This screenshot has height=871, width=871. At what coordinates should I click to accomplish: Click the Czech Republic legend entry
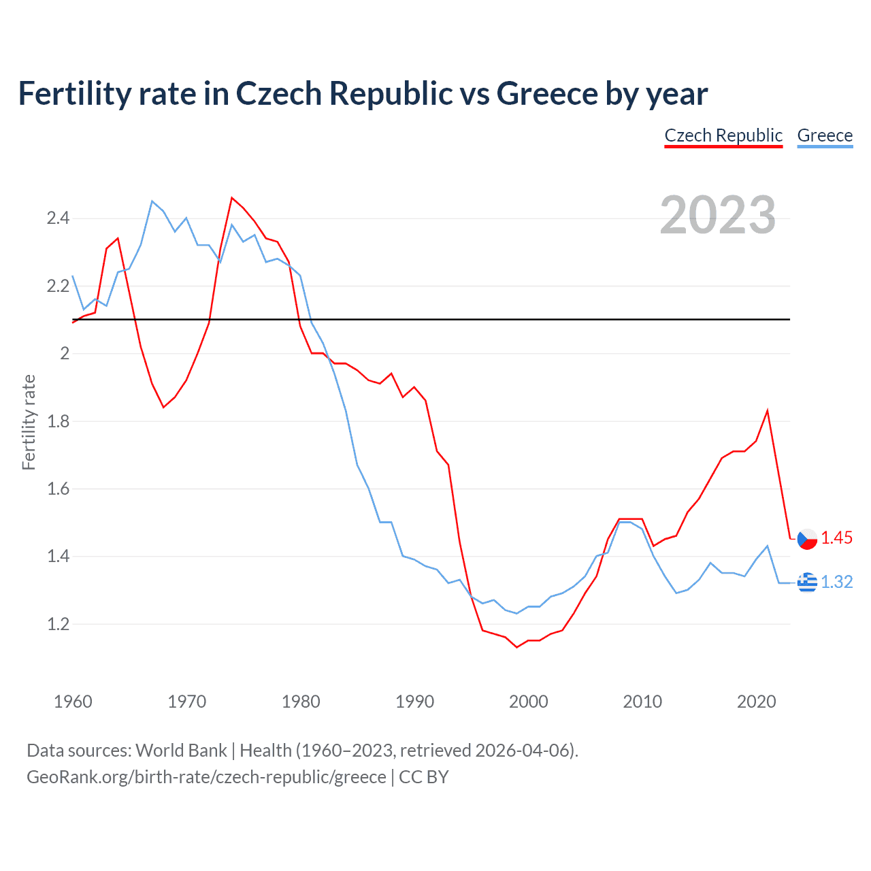(723, 135)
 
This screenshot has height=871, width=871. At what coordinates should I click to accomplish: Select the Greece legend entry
(825, 135)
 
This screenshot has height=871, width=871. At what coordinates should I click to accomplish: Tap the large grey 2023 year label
(718, 215)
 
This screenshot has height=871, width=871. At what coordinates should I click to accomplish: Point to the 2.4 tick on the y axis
(58, 218)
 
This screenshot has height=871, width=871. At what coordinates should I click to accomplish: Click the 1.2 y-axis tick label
(58, 624)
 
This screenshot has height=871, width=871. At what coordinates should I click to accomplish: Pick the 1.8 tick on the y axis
(58, 421)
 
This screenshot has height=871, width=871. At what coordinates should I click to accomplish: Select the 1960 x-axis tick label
(73, 702)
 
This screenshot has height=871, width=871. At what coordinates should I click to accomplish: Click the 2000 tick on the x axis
(528, 702)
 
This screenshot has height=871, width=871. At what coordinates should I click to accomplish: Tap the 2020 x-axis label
(756, 702)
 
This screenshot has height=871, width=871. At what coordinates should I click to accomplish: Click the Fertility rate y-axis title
(29, 422)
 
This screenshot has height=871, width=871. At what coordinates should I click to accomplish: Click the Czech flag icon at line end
(807, 538)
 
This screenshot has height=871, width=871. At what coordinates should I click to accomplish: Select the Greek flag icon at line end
(807, 582)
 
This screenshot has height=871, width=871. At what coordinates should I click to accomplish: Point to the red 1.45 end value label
(836, 538)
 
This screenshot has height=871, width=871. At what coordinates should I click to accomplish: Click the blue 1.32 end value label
(836, 582)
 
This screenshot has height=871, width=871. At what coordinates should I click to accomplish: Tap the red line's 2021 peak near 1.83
(768, 410)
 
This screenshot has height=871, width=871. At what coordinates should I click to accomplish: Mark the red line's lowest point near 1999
(517, 647)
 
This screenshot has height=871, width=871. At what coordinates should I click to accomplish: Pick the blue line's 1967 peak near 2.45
(152, 201)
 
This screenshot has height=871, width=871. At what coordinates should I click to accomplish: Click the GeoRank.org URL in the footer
(206, 777)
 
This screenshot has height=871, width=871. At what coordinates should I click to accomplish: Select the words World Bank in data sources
(181, 751)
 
